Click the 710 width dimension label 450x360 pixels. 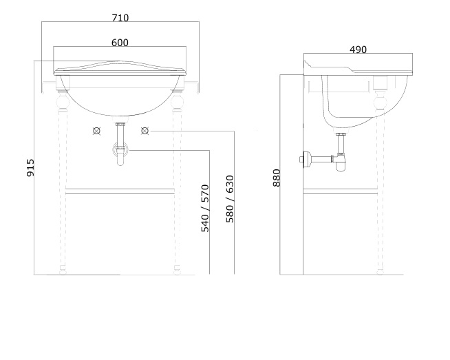point(120,18)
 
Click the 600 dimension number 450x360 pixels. point(120,43)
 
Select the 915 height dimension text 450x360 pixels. point(30,168)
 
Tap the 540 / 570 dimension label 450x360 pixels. point(205,208)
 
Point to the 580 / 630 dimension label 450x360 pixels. point(230,199)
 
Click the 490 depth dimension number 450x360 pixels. point(358,50)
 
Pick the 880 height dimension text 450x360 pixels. point(277,178)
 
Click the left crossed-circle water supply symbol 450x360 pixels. point(97,131)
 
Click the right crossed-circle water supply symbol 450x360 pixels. point(145,131)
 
